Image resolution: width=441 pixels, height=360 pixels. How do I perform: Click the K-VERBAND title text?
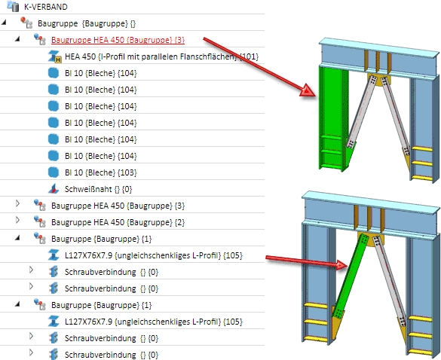(x=46, y=7)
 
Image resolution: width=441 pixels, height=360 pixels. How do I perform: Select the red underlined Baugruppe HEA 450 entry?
(x=118, y=40)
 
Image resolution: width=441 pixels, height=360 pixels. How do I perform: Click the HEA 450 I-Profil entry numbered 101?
(x=161, y=56)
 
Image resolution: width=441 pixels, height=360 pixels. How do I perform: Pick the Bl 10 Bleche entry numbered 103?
(x=101, y=172)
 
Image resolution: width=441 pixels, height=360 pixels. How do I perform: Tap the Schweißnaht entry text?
(x=99, y=189)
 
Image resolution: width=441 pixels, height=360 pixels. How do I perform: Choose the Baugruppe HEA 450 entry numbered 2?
(x=118, y=222)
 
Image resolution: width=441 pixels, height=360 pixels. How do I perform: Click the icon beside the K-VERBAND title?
(x=13, y=6)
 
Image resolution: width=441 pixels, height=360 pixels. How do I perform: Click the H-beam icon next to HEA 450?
(x=54, y=56)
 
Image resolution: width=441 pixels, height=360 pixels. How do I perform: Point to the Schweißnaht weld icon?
(x=54, y=189)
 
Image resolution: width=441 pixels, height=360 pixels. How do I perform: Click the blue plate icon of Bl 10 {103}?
(x=54, y=172)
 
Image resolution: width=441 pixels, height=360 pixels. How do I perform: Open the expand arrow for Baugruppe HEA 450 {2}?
(x=17, y=220)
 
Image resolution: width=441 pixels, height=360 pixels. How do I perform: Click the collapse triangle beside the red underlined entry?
(x=17, y=39)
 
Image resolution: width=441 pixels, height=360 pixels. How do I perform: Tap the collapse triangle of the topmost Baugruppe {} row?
(x=4, y=22)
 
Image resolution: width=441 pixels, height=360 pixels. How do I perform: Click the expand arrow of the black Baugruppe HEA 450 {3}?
(x=17, y=203)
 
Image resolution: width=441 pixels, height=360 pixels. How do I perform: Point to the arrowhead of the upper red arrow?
(x=308, y=91)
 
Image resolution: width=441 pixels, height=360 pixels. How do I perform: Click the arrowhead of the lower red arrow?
(x=343, y=264)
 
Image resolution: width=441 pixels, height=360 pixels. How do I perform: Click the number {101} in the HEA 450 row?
(x=250, y=56)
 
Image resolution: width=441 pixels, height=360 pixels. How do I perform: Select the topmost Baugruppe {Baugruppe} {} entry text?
(x=87, y=23)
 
